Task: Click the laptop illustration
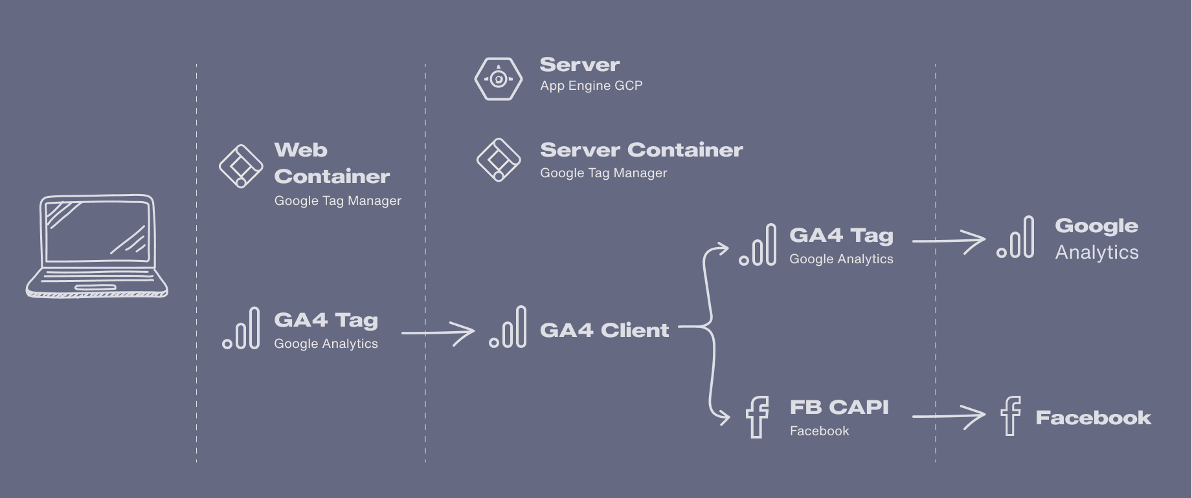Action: pyautogui.click(x=97, y=246)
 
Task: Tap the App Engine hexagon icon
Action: pyautogui.click(x=498, y=79)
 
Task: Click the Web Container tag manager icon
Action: pyautogui.click(x=240, y=166)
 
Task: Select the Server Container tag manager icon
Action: pyautogui.click(x=498, y=160)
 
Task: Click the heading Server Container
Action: pyautogui.click(x=641, y=150)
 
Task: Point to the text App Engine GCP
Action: pyautogui.click(x=591, y=85)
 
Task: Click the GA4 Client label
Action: pyautogui.click(x=604, y=330)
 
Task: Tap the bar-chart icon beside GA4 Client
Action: pyautogui.click(x=508, y=327)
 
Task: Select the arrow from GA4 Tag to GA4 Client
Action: pyautogui.click(x=438, y=333)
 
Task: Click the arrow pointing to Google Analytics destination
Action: pyautogui.click(x=949, y=241)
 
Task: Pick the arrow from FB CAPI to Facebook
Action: pyautogui.click(x=949, y=417)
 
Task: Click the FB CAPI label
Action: pyautogui.click(x=839, y=407)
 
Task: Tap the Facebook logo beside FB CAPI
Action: pyautogui.click(x=757, y=417)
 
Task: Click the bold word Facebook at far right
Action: pyautogui.click(x=1093, y=418)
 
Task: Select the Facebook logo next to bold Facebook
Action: pyautogui.click(x=1010, y=416)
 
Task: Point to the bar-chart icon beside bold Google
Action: pyautogui.click(x=1016, y=237)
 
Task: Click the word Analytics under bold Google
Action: pyautogui.click(x=1097, y=252)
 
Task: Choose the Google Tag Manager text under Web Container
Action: pyautogui.click(x=337, y=201)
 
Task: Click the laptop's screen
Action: pyautogui.click(x=97, y=231)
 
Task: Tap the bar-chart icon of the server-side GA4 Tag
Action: pyautogui.click(x=758, y=245)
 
